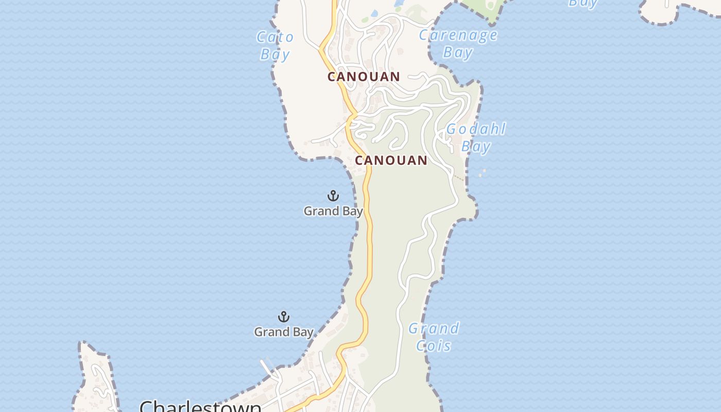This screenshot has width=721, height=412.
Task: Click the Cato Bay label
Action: (x=276, y=45)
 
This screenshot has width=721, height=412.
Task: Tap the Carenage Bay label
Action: (x=458, y=44)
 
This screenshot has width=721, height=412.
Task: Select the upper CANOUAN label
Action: (x=364, y=77)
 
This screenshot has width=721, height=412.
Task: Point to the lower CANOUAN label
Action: (x=391, y=160)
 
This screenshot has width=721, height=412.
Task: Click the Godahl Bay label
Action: (x=476, y=138)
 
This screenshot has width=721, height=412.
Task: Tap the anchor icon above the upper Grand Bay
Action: (x=333, y=196)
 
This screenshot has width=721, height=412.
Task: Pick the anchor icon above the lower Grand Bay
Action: (x=283, y=317)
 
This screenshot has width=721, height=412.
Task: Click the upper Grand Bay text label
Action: (x=333, y=211)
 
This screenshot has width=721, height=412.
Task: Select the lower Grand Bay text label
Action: (x=283, y=332)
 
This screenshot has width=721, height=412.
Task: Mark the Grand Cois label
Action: (x=434, y=337)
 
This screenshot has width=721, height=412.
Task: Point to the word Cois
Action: (x=434, y=346)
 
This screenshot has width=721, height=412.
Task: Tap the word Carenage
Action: (x=458, y=35)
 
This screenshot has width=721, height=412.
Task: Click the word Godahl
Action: (x=476, y=129)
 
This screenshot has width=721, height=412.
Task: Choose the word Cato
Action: (x=276, y=37)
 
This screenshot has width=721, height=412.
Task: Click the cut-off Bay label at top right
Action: (x=582, y=3)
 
